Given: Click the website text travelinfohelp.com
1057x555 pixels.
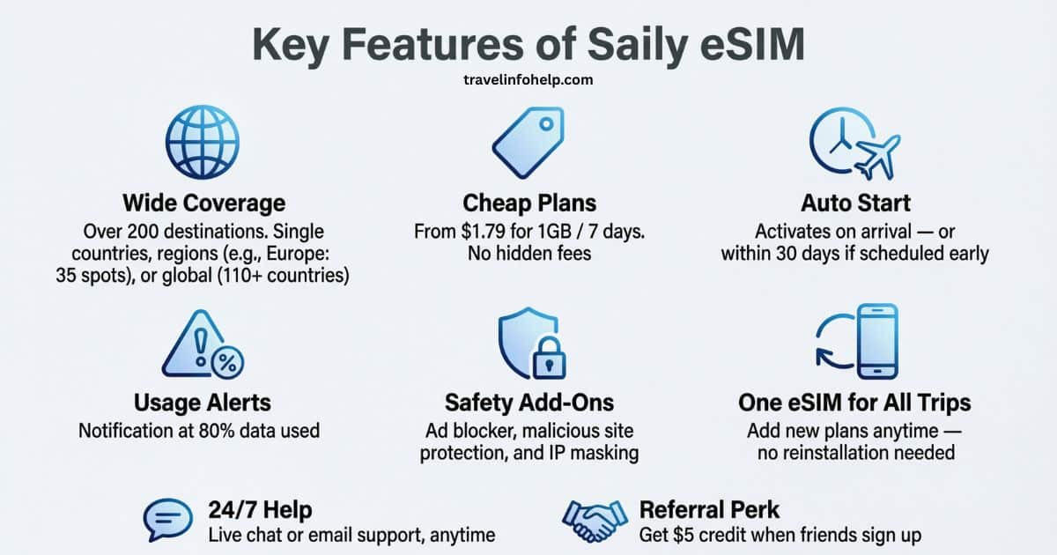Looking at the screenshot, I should pyautogui.click(x=528, y=79).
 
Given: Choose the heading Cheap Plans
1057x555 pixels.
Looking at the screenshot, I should pyautogui.click(x=529, y=203).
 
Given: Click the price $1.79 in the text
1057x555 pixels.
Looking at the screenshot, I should pyautogui.click(x=482, y=233).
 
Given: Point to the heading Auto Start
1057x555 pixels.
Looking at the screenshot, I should pyautogui.click(x=854, y=203).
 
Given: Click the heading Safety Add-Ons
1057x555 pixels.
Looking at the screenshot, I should pyautogui.click(x=529, y=403).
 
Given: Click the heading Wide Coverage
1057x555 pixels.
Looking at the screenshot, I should pyautogui.click(x=203, y=203).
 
